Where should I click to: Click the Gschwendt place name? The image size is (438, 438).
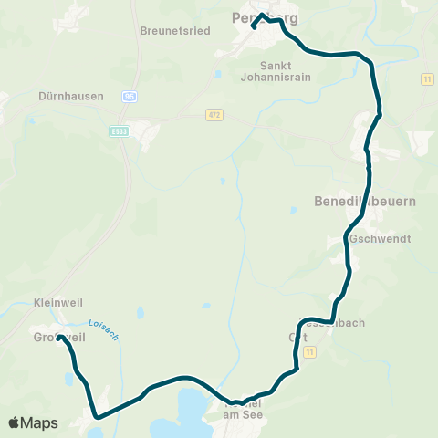(x=380, y=238)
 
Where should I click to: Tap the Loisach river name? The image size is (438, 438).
(x=103, y=328)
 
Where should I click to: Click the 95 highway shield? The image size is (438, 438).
(x=130, y=95)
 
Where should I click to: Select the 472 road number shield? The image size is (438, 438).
(x=214, y=114)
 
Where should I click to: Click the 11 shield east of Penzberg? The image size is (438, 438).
(x=425, y=80)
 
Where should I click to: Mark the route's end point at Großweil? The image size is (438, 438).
(x=60, y=339)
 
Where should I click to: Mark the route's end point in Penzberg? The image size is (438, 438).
(x=253, y=27)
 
